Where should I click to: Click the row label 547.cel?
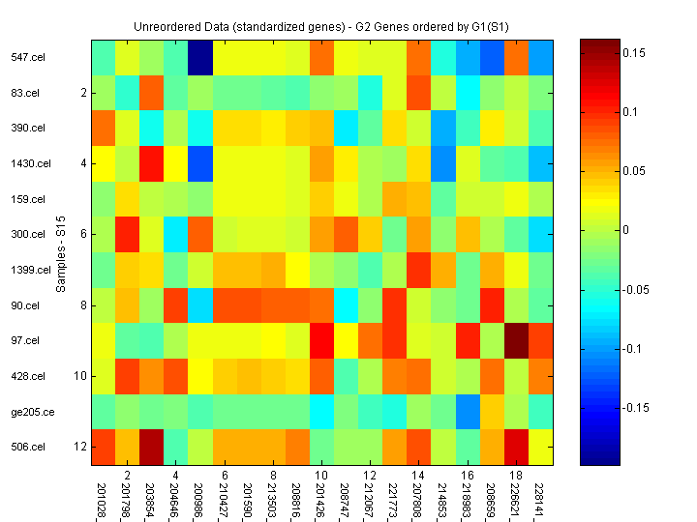tap(26, 57)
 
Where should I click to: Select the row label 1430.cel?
tap(29, 163)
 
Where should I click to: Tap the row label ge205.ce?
tap(29, 411)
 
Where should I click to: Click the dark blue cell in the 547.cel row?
tap(200, 57)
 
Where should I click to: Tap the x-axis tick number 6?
tap(225, 476)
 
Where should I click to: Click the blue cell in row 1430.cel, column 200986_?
tap(200, 163)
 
